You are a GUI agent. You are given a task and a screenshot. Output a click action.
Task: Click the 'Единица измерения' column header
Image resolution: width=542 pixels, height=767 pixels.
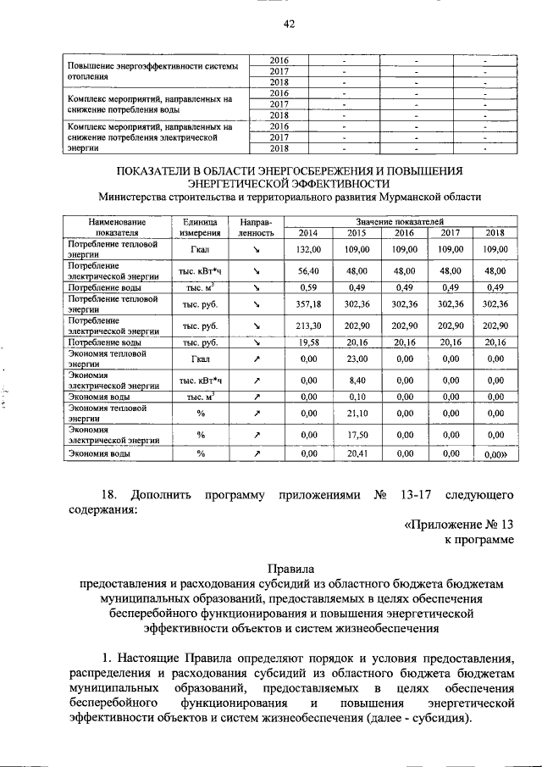[x=199, y=227]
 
